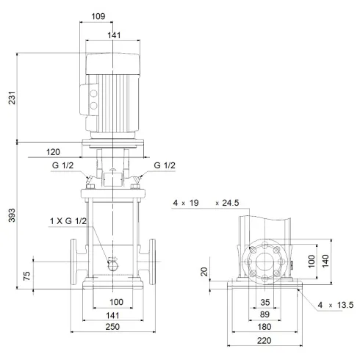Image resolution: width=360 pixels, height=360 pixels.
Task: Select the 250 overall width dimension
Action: point(113,327)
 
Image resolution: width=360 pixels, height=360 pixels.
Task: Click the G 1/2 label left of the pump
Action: point(62,166)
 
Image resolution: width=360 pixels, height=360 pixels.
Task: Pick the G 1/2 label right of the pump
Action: point(165,166)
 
